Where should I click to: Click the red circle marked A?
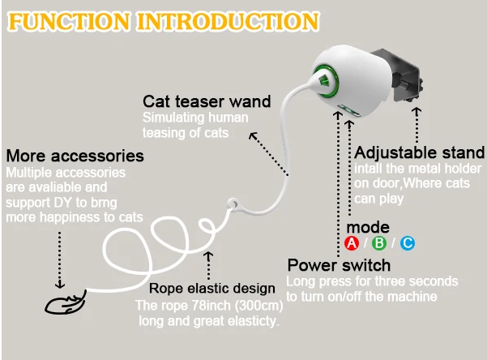tap(351, 243)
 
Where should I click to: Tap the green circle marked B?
tap(379, 243)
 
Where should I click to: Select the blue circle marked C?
tap(407, 243)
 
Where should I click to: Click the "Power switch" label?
tap(339, 265)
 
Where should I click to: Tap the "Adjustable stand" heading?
tap(420, 152)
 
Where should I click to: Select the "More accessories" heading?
tap(75, 155)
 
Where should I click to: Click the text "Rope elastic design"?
tap(213, 288)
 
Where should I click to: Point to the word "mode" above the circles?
tap(368, 226)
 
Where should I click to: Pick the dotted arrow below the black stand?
tap(417, 122)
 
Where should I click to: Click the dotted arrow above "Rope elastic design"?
tap(209, 264)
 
